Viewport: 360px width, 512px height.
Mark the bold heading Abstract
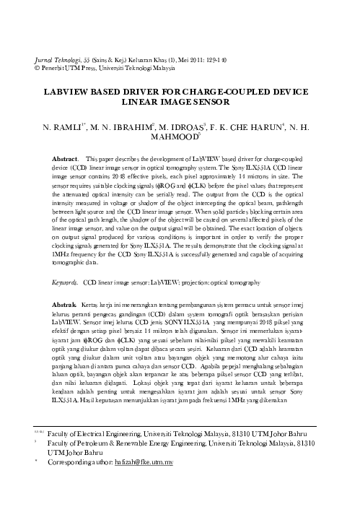point(64,157)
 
